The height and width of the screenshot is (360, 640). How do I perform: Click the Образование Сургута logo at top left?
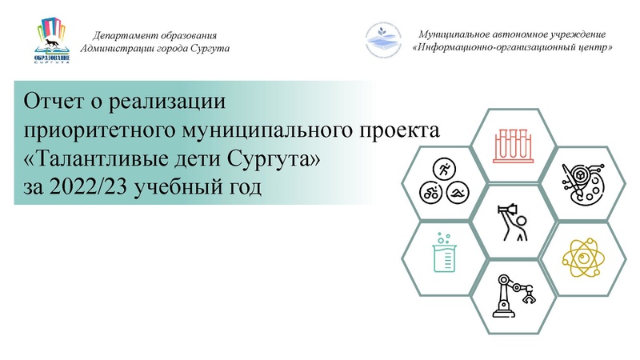click(x=54, y=42)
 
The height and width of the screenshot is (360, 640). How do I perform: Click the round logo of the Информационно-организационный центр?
click(x=383, y=42)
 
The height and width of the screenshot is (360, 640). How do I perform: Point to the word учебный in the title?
click(x=173, y=187)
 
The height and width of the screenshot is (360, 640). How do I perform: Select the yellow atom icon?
click(x=579, y=257)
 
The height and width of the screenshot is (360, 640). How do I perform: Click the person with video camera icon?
click(x=511, y=220)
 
